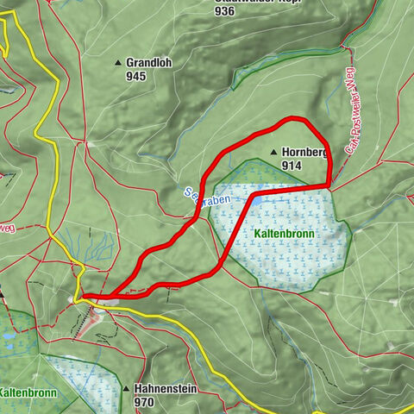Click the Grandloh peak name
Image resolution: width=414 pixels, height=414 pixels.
click(148, 63)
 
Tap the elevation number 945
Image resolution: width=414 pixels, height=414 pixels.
click(136, 76)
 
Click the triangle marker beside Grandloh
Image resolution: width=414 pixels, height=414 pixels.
click(118, 63)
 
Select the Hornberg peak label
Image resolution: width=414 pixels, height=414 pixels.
click(304, 153)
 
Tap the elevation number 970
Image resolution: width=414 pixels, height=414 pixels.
click(144, 402)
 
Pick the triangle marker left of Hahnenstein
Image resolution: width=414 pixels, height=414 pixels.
click(126, 389)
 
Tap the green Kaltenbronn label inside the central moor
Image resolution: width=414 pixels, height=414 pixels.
click(285, 234)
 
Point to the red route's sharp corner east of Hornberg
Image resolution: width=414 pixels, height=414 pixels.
click(329, 185)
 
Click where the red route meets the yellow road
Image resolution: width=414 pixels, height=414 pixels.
click(85, 298)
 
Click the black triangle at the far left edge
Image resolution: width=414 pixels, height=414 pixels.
click(2, 294)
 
